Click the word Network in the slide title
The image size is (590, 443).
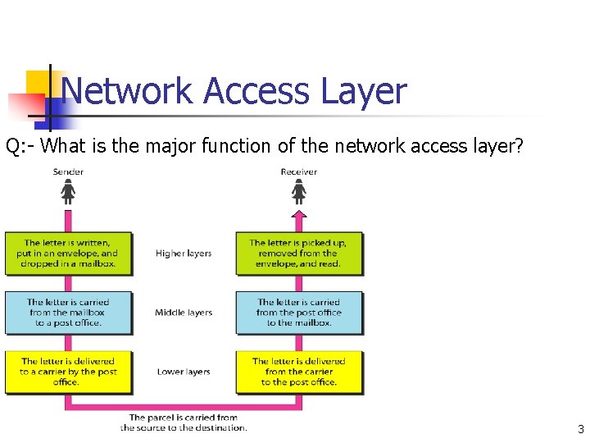point(127,91)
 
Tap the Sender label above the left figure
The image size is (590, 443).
point(68,171)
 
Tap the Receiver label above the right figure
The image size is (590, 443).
point(299,171)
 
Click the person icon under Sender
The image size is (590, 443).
point(68,193)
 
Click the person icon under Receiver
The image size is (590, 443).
point(299,193)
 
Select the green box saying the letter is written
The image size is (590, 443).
point(68,253)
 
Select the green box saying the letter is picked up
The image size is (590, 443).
point(299,253)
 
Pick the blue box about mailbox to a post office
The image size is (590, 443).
point(68,313)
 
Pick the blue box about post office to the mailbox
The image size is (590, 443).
point(299,313)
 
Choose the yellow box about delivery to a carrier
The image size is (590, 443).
point(68,372)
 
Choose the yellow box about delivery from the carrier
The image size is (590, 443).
point(299,372)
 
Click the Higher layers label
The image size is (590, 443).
point(184,253)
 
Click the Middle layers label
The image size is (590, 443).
point(184,313)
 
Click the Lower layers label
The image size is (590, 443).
point(184,372)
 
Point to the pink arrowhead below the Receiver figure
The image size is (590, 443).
point(299,215)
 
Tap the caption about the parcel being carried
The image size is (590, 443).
point(184,422)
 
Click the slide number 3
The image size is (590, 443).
point(580,429)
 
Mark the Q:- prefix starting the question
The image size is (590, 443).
point(20,147)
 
